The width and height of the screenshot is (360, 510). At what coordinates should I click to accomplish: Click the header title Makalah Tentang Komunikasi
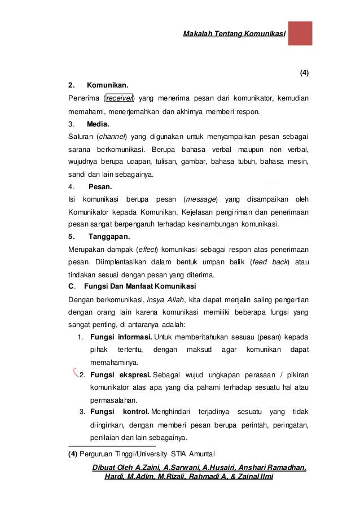[x=234, y=34]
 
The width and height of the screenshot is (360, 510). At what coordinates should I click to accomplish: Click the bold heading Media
[x=99, y=124]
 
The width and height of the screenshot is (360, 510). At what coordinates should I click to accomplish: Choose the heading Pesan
[x=100, y=186]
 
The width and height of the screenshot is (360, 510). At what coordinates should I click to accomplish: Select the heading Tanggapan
[x=109, y=236]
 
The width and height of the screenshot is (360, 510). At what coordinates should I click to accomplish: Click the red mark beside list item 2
[x=76, y=372]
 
